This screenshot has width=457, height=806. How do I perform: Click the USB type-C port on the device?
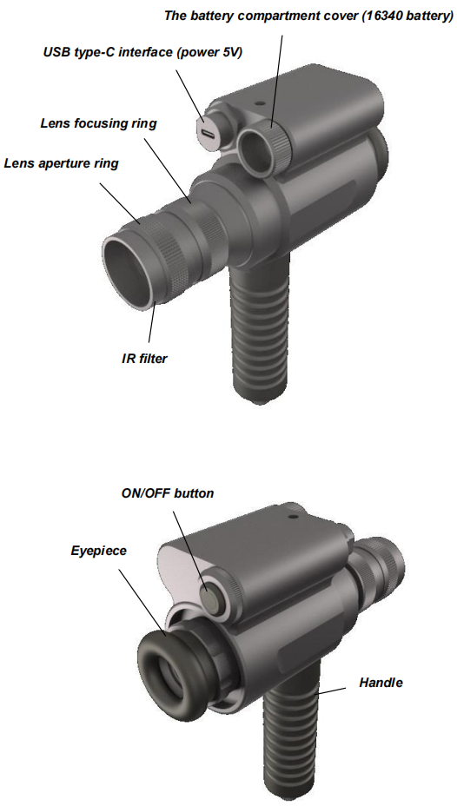point(208,134)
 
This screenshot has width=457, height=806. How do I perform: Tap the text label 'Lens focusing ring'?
point(99,123)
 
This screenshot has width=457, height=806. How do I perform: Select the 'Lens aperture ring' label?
point(61,163)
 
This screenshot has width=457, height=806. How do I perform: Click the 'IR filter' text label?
point(144,359)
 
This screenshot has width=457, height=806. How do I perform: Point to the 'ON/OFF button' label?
point(168,493)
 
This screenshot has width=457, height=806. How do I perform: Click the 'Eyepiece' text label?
point(99,551)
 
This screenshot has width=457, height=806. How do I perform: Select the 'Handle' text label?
point(381,683)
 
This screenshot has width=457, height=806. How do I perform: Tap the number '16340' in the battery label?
point(380,16)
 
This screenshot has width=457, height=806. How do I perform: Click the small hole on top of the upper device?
point(262,103)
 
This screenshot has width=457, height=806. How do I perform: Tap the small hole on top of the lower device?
point(294,509)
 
